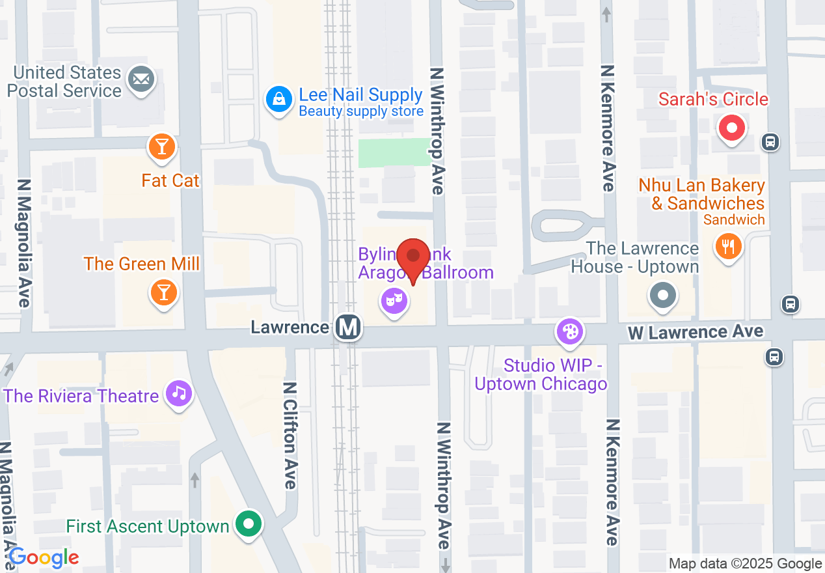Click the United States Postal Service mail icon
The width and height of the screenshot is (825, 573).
pyautogui.click(x=142, y=81)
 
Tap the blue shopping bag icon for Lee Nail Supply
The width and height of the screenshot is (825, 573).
pyautogui.click(x=278, y=100)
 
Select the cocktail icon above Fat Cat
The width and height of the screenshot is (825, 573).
pyautogui.click(x=162, y=147)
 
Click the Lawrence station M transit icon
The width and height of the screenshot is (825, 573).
pyautogui.click(x=348, y=327)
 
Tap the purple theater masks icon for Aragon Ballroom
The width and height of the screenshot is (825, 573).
pyautogui.click(x=394, y=301)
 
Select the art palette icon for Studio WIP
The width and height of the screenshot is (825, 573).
pyautogui.click(x=570, y=331)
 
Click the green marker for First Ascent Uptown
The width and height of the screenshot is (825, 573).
pyautogui.click(x=248, y=524)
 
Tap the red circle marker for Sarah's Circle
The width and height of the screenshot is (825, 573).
pyautogui.click(x=732, y=128)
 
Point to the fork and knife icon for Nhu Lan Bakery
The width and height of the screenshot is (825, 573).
pyautogui.click(x=728, y=247)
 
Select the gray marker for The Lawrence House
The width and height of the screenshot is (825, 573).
pyautogui.click(x=662, y=296)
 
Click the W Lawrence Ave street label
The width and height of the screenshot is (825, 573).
pyautogui.click(x=695, y=333)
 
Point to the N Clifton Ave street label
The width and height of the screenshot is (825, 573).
pyautogui.click(x=290, y=435)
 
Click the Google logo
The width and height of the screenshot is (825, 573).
pyautogui.click(x=44, y=558)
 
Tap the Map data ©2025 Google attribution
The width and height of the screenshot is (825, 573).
pyautogui.click(x=746, y=564)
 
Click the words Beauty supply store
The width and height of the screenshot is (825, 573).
pyautogui.click(x=361, y=111)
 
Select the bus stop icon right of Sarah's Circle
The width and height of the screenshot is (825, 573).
pyautogui.click(x=770, y=141)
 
